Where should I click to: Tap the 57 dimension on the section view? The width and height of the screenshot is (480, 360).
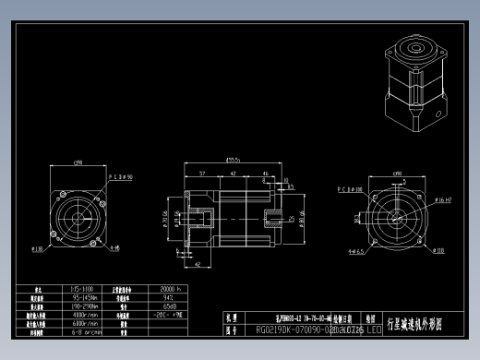(202, 173)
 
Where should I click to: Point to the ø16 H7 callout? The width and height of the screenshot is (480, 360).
(441, 198)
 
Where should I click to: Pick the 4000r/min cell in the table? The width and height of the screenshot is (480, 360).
(84, 314)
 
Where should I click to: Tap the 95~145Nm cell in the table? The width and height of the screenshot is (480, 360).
(84, 297)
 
